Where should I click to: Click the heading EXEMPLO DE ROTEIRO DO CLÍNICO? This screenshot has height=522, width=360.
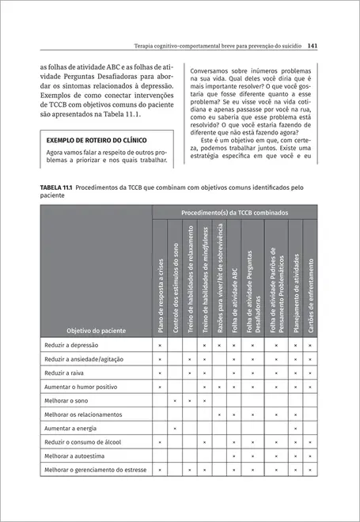coord(96,140)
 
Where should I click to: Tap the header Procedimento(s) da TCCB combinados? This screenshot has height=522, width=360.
coord(234,213)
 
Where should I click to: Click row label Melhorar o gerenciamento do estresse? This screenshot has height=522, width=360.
coord(96,470)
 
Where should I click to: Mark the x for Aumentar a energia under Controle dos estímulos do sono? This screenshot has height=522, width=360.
coord(175,428)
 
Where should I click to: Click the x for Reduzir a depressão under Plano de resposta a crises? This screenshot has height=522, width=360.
coord(160,346)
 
